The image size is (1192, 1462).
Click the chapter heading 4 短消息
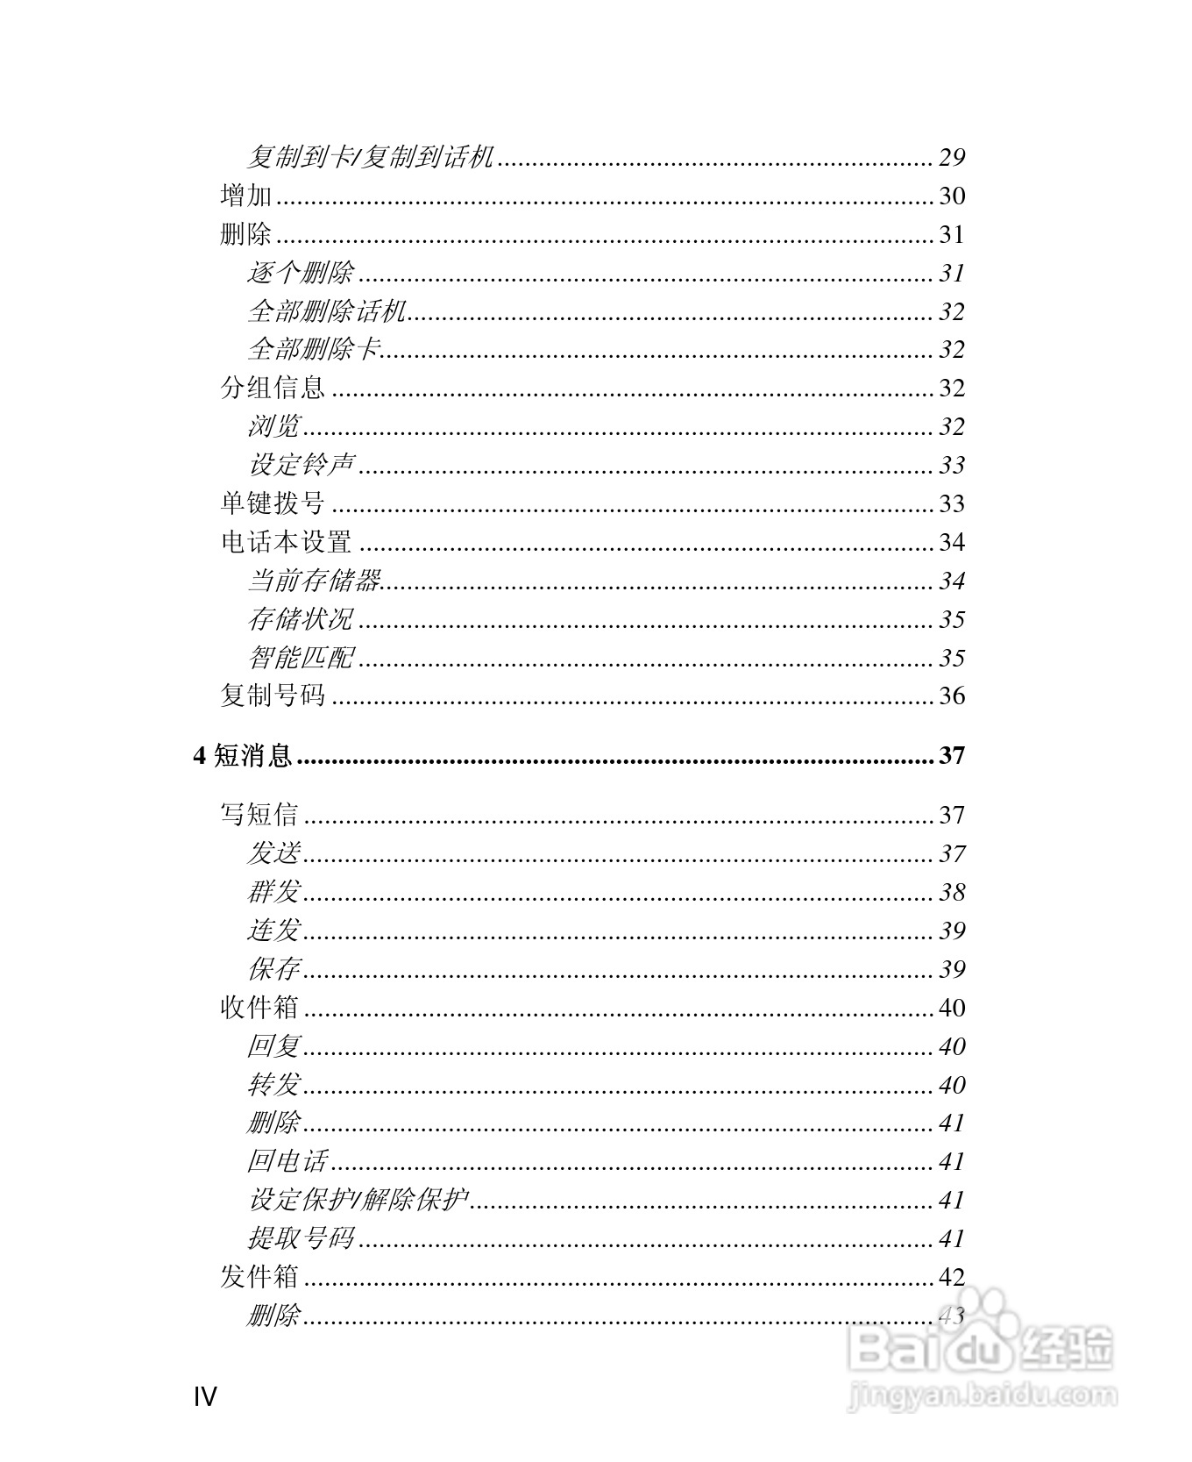click(243, 755)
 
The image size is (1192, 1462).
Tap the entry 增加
click(246, 196)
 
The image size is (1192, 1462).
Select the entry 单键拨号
click(273, 503)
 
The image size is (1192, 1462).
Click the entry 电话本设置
click(287, 542)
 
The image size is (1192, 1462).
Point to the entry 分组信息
click(273, 388)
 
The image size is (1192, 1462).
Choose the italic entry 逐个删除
click(301, 273)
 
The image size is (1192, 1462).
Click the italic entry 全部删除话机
click(327, 311)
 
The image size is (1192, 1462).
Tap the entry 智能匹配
click(301, 658)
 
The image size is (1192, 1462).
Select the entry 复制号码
click(273, 696)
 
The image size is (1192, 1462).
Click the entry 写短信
click(259, 815)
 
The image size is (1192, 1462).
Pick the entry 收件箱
click(259, 1008)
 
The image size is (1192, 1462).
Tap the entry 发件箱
click(259, 1277)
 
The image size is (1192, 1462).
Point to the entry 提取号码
click(301, 1238)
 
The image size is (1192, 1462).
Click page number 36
click(952, 696)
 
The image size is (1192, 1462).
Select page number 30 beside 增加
click(952, 196)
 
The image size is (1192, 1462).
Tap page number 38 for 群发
click(952, 892)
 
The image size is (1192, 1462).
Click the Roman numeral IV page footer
click(205, 1396)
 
